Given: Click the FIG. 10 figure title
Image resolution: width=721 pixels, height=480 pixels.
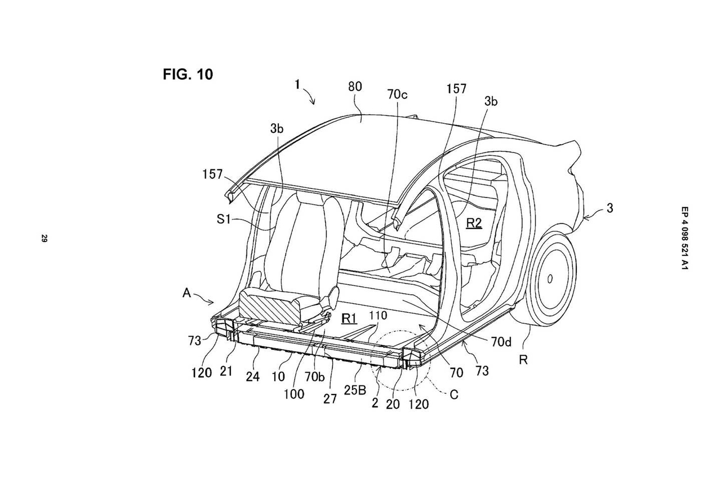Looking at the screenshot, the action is point(188,74).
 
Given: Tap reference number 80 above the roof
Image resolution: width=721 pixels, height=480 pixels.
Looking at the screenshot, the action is point(355,87).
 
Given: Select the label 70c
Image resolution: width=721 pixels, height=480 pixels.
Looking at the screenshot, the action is point(397,95).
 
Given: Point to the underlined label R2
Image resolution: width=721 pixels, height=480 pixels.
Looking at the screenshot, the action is point(474,223).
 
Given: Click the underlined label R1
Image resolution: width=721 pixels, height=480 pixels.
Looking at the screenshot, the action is point(349,318).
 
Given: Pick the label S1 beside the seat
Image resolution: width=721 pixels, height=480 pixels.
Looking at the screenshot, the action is point(224,219).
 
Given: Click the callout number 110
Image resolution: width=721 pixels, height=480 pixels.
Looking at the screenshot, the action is point(378,316).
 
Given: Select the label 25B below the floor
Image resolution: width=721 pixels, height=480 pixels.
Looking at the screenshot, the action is point(355,390).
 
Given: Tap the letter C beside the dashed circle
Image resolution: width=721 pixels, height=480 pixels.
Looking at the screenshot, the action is point(454,394).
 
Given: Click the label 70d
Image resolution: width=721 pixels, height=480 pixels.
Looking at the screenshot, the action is point(501,342).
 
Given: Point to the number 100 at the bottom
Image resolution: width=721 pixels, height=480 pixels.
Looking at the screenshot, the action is point(294,394).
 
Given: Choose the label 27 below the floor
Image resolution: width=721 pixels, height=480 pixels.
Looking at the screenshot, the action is point(330,399).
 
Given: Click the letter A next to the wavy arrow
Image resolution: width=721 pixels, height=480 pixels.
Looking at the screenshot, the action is point(186,293).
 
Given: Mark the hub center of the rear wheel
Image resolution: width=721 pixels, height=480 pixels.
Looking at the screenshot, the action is point(550,279).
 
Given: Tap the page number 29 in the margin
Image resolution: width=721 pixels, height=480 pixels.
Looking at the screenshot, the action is point(44,239).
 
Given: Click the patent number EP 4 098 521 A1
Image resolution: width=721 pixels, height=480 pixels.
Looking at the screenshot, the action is point(685,238).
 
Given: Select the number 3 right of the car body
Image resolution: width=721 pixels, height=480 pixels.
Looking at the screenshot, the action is point(610,208).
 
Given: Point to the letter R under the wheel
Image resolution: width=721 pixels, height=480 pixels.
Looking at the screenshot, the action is point(523,360).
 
